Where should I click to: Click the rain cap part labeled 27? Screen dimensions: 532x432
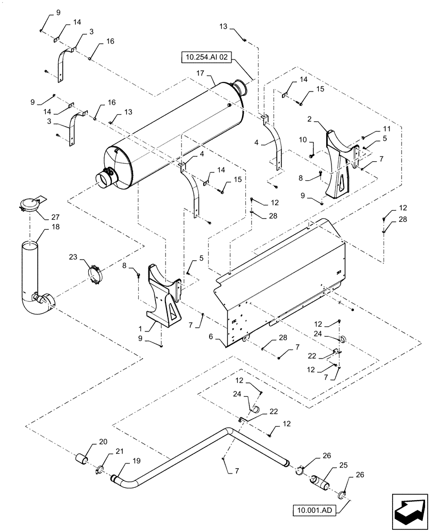point(31,204)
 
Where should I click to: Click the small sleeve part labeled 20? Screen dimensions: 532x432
point(83,459)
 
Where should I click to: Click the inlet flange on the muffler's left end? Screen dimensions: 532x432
point(107,178)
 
